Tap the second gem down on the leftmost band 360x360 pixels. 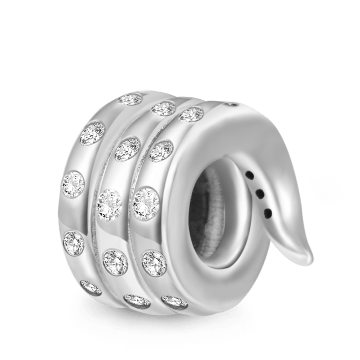93,133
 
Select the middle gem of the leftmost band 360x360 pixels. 73,182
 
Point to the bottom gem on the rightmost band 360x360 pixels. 174,301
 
